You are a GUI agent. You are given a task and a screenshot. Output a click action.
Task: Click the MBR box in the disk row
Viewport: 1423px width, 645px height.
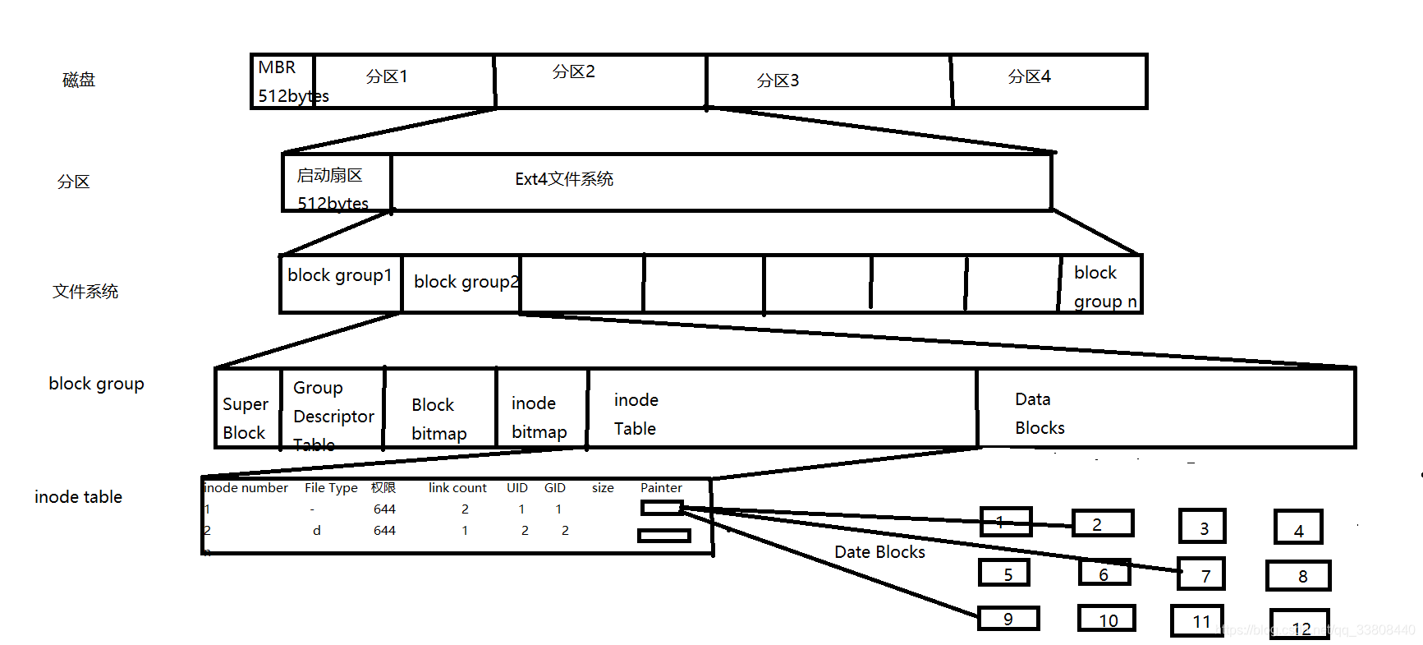pyautogui.click(x=282, y=81)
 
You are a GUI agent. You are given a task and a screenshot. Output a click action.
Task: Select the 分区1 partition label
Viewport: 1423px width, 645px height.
pyautogui.click(x=387, y=76)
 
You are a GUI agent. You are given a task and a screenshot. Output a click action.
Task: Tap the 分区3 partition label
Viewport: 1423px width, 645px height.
pyautogui.click(x=778, y=81)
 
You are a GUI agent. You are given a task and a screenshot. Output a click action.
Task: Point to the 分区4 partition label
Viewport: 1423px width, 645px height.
pyautogui.click(x=1029, y=76)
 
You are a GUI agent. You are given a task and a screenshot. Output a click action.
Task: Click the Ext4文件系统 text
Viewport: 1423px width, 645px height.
pyautogui.click(x=564, y=179)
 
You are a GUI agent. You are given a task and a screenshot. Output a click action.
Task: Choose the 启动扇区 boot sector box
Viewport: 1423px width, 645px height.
pyautogui.click(x=336, y=182)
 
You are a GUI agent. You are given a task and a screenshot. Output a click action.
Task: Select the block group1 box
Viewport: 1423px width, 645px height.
pyautogui.click(x=340, y=283)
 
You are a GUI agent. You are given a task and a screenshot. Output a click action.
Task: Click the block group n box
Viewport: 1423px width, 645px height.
pyautogui.click(x=1100, y=284)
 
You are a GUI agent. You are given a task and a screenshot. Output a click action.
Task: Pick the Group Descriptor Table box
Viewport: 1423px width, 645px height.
pyautogui.click(x=333, y=408)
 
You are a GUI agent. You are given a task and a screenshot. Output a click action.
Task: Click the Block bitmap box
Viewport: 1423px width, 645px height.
pyautogui.click(x=439, y=408)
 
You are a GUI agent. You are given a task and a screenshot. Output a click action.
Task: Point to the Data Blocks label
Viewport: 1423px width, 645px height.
pyautogui.click(x=1040, y=413)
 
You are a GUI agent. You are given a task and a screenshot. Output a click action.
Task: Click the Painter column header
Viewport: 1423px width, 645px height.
pyautogui.click(x=661, y=488)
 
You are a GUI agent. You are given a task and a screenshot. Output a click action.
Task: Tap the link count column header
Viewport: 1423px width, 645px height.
pyautogui.click(x=457, y=488)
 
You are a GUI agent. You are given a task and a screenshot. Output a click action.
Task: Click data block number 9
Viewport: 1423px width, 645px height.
pyautogui.click(x=1008, y=619)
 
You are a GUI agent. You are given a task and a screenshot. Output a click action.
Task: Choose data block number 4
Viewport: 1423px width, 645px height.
pyautogui.click(x=1298, y=528)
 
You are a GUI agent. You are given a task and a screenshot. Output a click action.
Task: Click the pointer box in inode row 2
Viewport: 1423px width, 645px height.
pyautogui.click(x=663, y=536)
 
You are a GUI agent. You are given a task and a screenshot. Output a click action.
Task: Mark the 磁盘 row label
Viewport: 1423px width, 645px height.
pyautogui.click(x=79, y=80)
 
